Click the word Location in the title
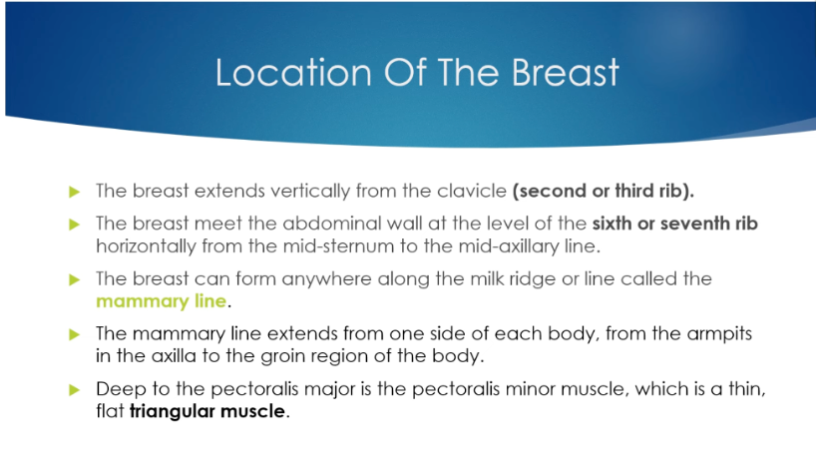(293, 72)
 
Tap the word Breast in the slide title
(566, 72)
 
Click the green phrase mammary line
(162, 301)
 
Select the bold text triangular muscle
(207, 411)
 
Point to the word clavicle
(472, 191)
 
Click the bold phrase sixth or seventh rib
(675, 224)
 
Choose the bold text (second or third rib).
(604, 191)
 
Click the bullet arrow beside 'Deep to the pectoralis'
(75, 389)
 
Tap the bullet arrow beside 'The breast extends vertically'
(75, 192)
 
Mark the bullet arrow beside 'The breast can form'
(75, 279)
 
